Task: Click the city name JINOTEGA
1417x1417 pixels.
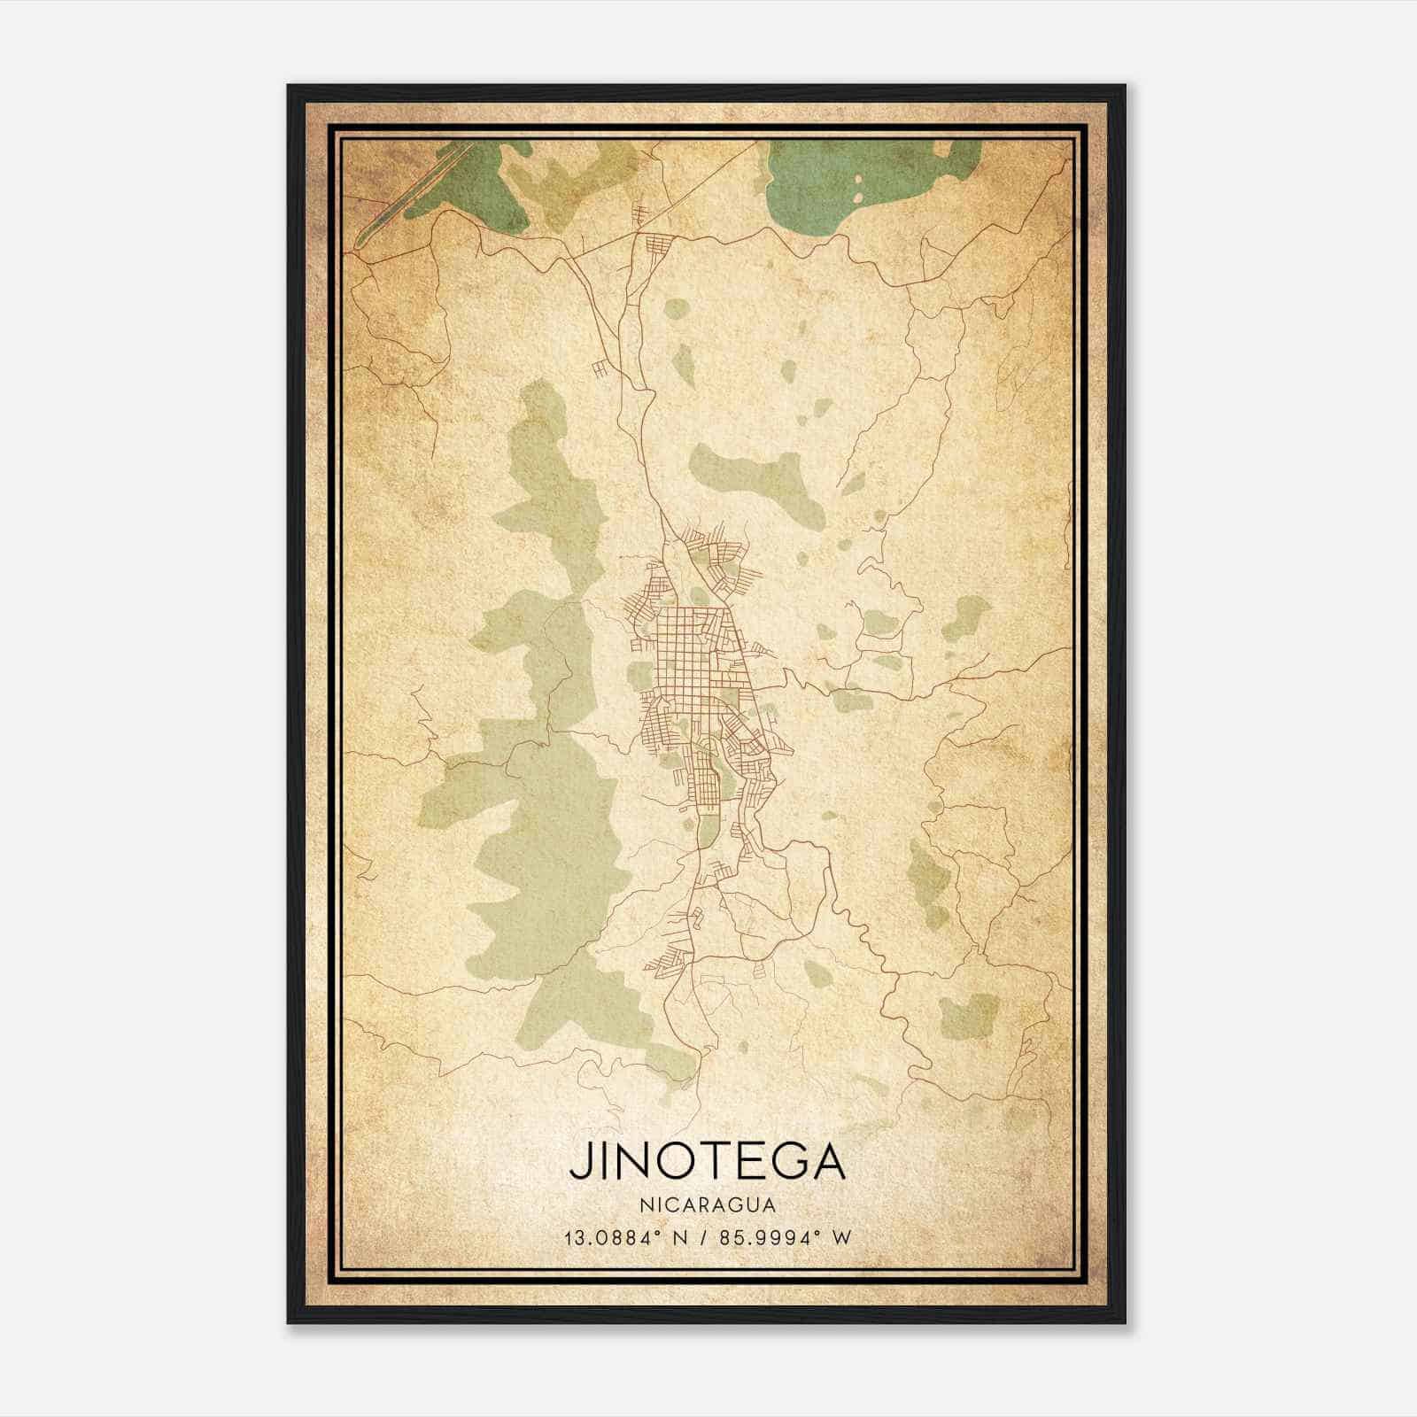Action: [x=708, y=1162]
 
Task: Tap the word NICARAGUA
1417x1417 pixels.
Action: [x=708, y=1205]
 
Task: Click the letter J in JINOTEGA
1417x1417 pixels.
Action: [x=578, y=1162]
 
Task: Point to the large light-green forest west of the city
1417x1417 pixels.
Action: [x=540, y=708]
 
